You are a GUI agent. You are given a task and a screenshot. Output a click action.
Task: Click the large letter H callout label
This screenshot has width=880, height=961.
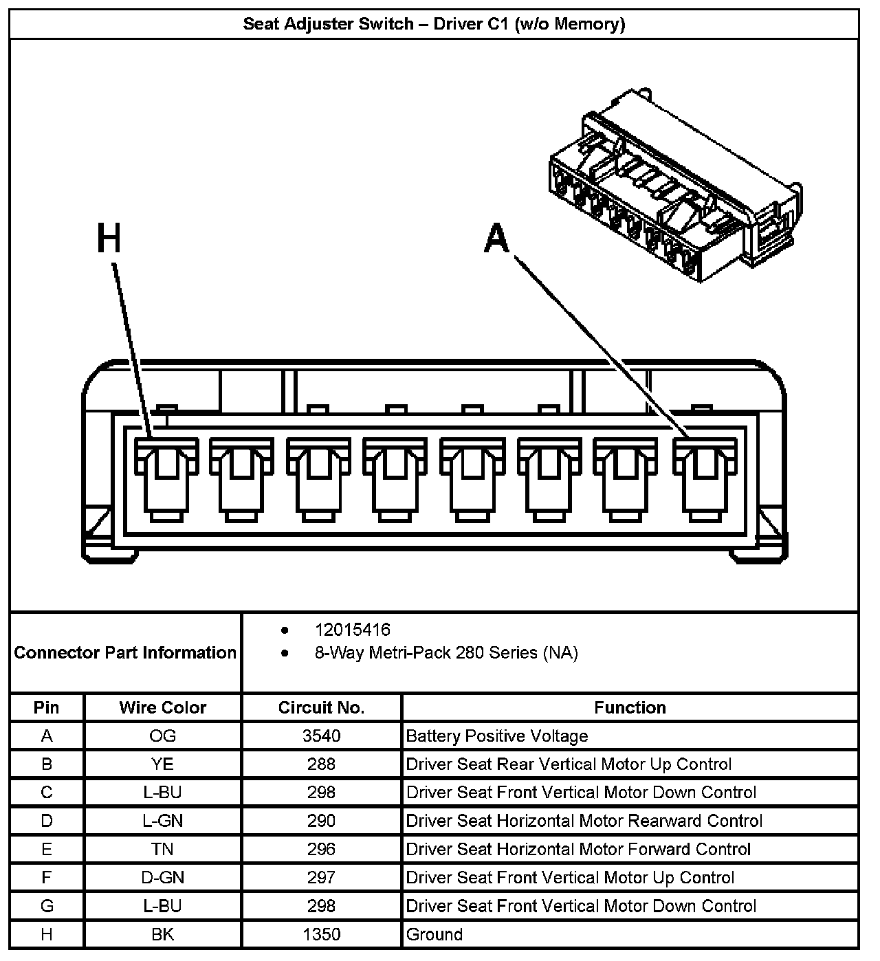pyautogui.click(x=109, y=239)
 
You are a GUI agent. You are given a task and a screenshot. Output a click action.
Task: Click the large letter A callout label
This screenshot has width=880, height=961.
pyautogui.click(x=496, y=239)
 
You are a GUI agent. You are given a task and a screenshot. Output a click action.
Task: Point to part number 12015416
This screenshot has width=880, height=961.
pyautogui.click(x=352, y=630)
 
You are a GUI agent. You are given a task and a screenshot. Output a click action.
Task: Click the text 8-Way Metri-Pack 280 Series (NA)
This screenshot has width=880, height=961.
pyautogui.click(x=446, y=652)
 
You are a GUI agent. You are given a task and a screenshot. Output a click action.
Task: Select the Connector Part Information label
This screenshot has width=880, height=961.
pyautogui.click(x=125, y=652)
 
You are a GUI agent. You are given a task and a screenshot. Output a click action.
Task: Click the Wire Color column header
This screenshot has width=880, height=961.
pyautogui.click(x=162, y=707)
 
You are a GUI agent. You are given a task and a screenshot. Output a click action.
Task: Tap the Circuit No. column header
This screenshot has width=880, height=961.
pyautogui.click(x=321, y=707)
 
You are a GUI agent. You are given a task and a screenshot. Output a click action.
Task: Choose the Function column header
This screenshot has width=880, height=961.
pyautogui.click(x=630, y=707)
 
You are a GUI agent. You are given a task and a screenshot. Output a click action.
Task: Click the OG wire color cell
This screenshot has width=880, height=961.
pyautogui.click(x=162, y=736)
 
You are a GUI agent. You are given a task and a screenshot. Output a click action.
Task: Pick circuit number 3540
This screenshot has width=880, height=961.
pyautogui.click(x=321, y=736)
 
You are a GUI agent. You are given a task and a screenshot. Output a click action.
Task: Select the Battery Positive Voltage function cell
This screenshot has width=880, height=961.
pyautogui.click(x=497, y=736)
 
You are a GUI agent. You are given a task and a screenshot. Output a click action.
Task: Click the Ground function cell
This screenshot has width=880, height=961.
pyautogui.click(x=434, y=934)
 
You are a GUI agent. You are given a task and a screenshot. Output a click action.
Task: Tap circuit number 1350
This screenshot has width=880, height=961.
pyautogui.click(x=321, y=934)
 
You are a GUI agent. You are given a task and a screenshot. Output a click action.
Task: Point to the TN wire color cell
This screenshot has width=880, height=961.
pyautogui.click(x=162, y=849)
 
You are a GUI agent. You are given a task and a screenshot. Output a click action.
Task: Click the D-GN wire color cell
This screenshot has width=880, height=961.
pyautogui.click(x=162, y=878)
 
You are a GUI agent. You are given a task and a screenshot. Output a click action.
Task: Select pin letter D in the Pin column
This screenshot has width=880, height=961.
pyautogui.click(x=47, y=821)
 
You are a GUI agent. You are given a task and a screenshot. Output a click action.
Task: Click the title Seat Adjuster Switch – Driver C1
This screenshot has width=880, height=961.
pyautogui.click(x=434, y=24)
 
